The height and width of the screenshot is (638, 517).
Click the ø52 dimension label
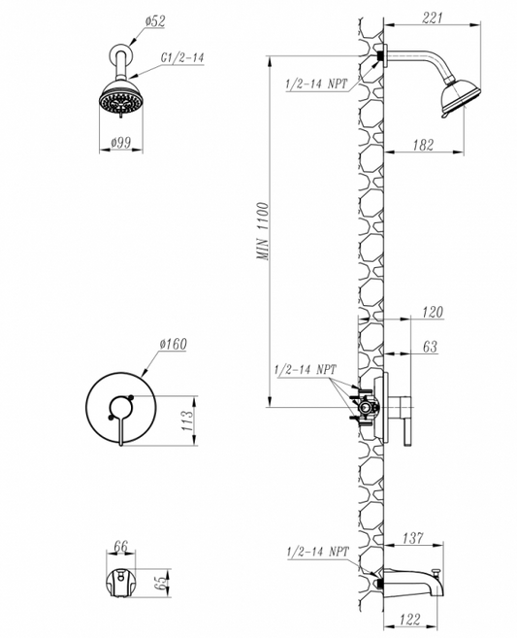pyautogui.click(x=155, y=21)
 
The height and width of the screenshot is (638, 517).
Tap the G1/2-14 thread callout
pyautogui.click(x=181, y=57)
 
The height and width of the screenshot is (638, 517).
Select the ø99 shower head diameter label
pyautogui.click(x=120, y=143)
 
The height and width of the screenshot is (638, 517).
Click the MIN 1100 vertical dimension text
pyautogui.click(x=263, y=231)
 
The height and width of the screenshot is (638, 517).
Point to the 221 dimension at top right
pyautogui.click(x=433, y=17)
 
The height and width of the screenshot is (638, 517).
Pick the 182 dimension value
pyautogui.click(x=424, y=145)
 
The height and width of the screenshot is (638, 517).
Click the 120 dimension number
pyautogui.click(x=432, y=312)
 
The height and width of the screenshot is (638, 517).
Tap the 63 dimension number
pyautogui.click(x=430, y=347)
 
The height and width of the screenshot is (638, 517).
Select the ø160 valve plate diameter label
pyautogui.click(x=174, y=344)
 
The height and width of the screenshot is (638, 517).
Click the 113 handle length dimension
pyautogui.click(x=187, y=421)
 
